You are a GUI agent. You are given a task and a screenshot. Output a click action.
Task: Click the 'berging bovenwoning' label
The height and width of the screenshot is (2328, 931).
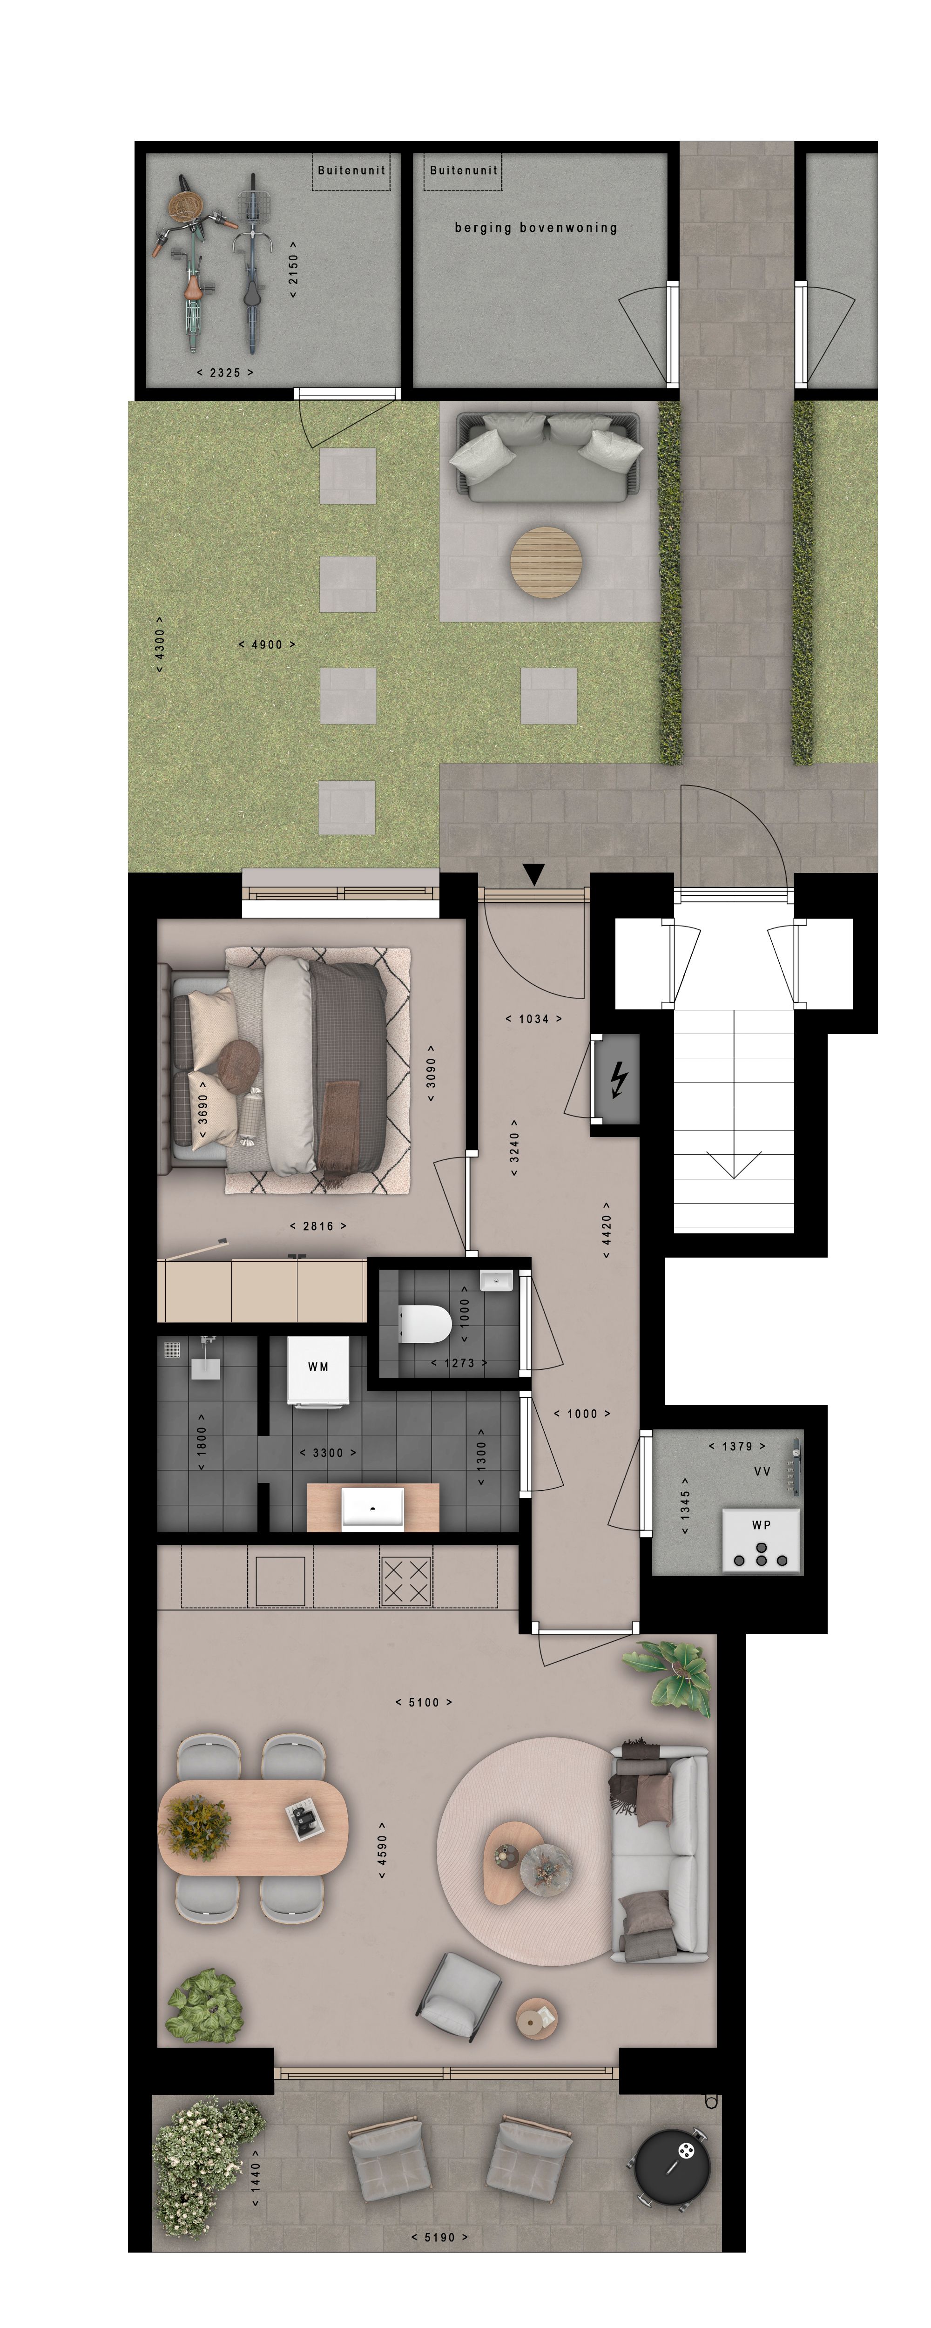point(535,228)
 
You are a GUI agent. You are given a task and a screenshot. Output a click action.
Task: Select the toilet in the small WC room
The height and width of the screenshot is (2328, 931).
point(425,1325)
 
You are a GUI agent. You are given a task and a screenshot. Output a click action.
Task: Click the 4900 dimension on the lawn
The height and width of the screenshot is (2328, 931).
point(267,644)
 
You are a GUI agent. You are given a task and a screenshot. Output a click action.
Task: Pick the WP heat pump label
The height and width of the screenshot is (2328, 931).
point(761,1524)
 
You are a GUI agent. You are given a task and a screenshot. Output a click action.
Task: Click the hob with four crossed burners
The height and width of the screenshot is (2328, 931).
point(406,1581)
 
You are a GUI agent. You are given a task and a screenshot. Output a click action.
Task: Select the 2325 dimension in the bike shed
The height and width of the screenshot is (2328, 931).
point(225,372)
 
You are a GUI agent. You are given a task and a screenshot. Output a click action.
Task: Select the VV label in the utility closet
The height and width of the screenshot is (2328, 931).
point(762,1471)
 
